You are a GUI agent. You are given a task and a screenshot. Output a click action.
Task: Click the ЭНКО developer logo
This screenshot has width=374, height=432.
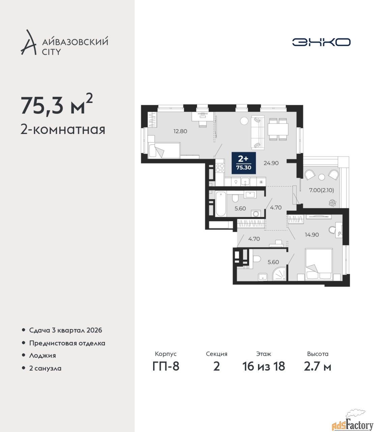(x=321, y=42)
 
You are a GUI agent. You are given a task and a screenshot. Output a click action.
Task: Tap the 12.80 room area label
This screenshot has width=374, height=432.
(x=180, y=131)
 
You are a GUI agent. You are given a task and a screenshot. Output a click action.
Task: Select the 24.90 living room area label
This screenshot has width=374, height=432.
(x=271, y=163)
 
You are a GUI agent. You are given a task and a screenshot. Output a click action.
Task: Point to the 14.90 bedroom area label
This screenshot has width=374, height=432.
(x=312, y=235)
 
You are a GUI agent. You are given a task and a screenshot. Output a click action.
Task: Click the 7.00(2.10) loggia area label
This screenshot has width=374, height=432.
(x=321, y=190)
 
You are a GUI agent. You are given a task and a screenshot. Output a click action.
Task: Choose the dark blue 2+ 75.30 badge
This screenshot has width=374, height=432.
(x=244, y=163)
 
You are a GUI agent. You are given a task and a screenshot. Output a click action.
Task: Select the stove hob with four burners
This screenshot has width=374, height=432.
(x=220, y=168)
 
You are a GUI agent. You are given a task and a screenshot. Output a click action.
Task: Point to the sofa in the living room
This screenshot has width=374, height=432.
(x=258, y=132)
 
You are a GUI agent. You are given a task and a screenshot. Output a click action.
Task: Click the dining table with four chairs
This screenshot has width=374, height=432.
(x=278, y=129)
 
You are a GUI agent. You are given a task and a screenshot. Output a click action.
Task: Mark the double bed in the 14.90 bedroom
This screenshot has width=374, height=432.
(x=319, y=264)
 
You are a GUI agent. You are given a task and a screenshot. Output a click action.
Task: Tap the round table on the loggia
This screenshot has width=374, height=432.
(x=322, y=178)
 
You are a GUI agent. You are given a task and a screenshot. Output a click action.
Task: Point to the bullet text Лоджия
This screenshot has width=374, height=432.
(x=42, y=355)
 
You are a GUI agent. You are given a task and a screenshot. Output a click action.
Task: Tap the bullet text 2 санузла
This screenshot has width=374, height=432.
(x=45, y=368)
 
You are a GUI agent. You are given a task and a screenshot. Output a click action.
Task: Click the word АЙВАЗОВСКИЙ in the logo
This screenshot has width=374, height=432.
(x=76, y=42)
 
